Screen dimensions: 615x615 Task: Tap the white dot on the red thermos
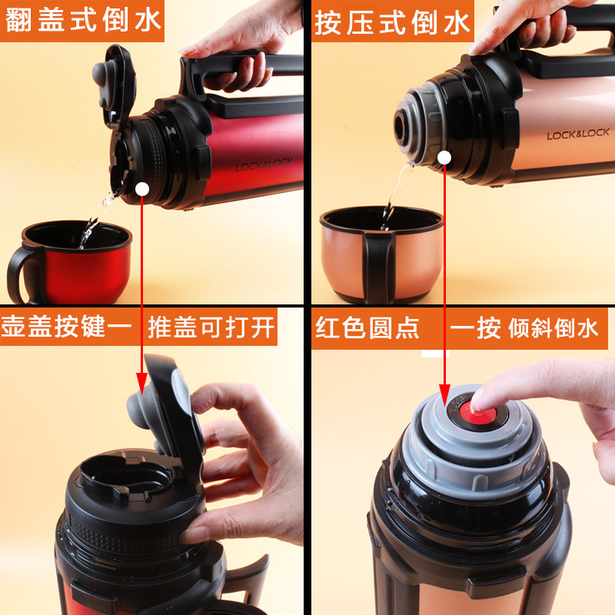(142, 189)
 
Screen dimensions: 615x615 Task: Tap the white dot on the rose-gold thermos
(444, 158)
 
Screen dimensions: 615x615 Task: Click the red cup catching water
(70, 262)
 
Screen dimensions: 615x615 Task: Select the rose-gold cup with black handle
(381, 255)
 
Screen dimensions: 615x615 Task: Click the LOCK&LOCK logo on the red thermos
(264, 165)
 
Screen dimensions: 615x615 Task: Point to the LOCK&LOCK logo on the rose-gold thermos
(578, 134)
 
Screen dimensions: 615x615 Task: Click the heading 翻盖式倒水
(83, 20)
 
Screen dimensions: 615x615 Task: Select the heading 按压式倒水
(392, 22)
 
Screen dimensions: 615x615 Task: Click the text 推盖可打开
(211, 327)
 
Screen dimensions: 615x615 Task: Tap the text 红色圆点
(367, 328)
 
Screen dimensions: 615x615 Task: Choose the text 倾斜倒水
(553, 328)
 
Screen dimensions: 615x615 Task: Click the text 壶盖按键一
(67, 326)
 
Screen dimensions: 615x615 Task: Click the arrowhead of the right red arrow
(444, 395)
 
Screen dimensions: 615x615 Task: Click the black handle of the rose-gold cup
(378, 267)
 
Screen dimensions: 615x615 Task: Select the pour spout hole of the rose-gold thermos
(401, 128)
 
